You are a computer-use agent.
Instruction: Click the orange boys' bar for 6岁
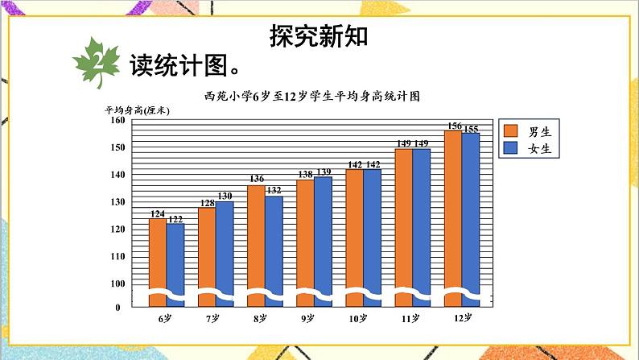point(157,258)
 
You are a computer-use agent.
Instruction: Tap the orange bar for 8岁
point(256,242)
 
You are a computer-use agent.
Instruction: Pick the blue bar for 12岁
point(471,213)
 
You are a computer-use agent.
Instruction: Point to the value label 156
point(454,126)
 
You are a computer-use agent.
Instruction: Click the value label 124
point(157,213)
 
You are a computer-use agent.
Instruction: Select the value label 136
point(256,180)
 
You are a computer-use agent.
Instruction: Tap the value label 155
point(472,129)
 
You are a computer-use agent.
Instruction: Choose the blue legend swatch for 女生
point(511,148)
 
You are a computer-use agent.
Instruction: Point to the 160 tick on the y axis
point(117,121)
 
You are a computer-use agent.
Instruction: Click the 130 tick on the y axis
point(117,202)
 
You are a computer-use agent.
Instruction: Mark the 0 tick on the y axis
point(117,307)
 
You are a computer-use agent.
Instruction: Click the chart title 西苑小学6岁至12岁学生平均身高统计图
point(313,95)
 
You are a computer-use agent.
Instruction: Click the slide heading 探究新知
point(319,36)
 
